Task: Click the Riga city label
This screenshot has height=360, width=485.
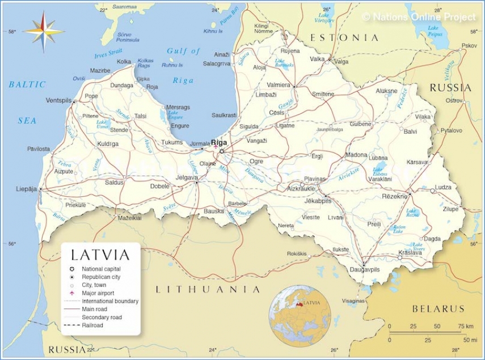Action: coord(218,143)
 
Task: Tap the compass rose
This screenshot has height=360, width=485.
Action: coord(43,31)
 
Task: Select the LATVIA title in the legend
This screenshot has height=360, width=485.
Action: coord(100,255)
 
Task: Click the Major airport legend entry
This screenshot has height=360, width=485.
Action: coord(98,293)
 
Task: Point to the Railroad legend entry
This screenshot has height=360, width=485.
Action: coord(92,325)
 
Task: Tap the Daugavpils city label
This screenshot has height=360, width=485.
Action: coord(365,270)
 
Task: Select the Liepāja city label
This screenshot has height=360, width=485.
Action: coord(26,188)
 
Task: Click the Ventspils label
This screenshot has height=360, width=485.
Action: coord(59,100)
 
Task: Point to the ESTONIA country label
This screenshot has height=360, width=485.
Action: coord(344,37)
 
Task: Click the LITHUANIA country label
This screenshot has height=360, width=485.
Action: coord(208,289)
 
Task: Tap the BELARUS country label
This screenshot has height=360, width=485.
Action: coord(438,309)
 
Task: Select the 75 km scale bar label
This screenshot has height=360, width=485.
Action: coord(463,327)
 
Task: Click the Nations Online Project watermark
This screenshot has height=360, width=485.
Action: coord(419,17)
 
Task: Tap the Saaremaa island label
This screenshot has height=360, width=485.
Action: coord(125,7)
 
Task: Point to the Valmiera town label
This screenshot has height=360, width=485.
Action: coord(279,85)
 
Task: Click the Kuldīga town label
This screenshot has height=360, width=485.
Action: coord(108,144)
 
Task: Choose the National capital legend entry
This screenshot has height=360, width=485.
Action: coord(101,269)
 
